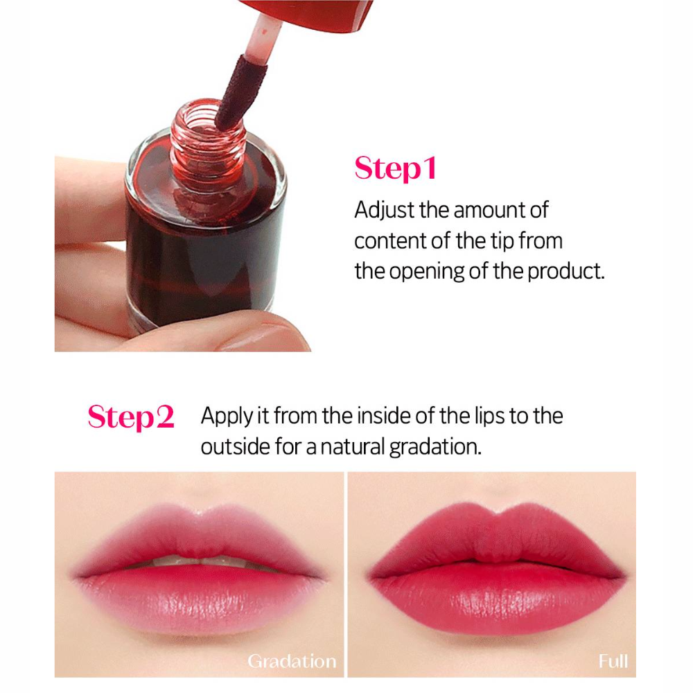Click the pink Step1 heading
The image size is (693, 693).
click(395, 168)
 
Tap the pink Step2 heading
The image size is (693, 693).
click(131, 416)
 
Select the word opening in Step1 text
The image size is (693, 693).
click(426, 272)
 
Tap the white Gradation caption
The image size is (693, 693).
click(292, 661)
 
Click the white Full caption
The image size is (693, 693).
click(613, 661)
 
